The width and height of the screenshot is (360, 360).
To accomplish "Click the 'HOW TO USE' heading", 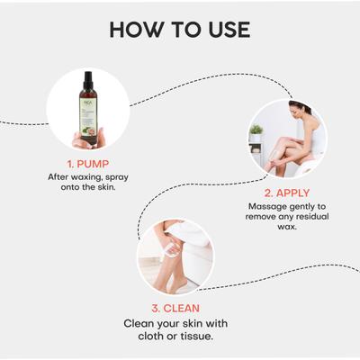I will [x=179, y=28].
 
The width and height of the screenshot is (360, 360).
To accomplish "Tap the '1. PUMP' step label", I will [x=88, y=164].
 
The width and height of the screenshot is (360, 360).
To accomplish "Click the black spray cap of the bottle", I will [x=88, y=81].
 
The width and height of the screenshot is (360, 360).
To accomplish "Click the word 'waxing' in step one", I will [x=86, y=177].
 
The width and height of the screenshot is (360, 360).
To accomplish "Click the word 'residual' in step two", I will [x=303, y=217].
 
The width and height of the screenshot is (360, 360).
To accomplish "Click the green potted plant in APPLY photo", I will [x=256, y=132].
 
